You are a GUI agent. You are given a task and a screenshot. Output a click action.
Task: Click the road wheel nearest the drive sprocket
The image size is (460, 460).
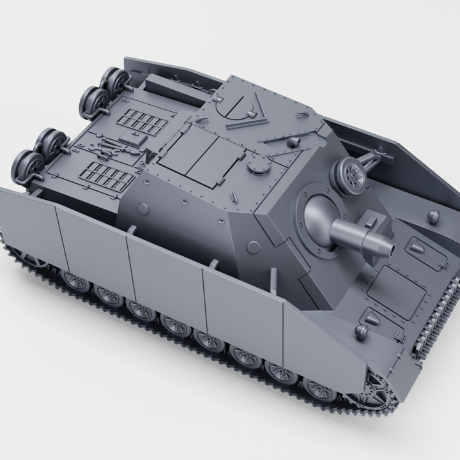319,388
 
